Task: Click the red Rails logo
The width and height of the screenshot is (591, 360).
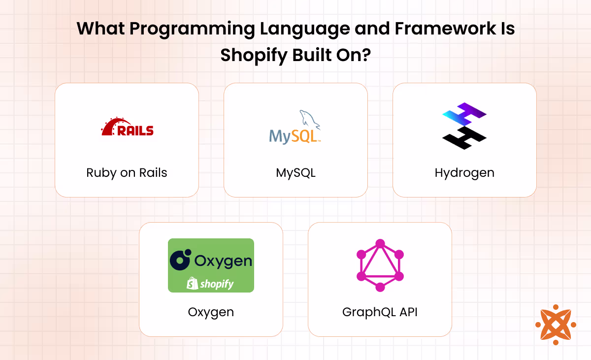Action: click(x=127, y=127)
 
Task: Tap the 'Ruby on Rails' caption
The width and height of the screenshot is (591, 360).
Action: click(x=127, y=173)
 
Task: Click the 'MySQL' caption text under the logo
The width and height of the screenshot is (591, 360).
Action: click(x=295, y=173)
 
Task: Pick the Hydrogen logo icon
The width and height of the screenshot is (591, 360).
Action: click(x=464, y=126)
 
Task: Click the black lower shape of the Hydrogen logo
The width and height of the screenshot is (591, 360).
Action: click(x=464, y=137)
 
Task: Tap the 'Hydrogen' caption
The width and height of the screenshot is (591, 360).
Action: click(x=464, y=173)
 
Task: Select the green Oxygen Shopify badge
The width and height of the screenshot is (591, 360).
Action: click(x=211, y=265)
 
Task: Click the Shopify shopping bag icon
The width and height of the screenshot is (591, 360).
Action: click(x=192, y=283)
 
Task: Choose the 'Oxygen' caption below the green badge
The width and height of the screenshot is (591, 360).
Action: click(x=211, y=312)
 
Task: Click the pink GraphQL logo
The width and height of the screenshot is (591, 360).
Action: click(x=380, y=265)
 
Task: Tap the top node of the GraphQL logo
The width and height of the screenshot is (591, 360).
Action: click(x=380, y=243)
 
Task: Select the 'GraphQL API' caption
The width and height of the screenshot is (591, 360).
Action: click(x=380, y=312)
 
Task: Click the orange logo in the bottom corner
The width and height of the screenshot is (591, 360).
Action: click(x=555, y=325)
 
